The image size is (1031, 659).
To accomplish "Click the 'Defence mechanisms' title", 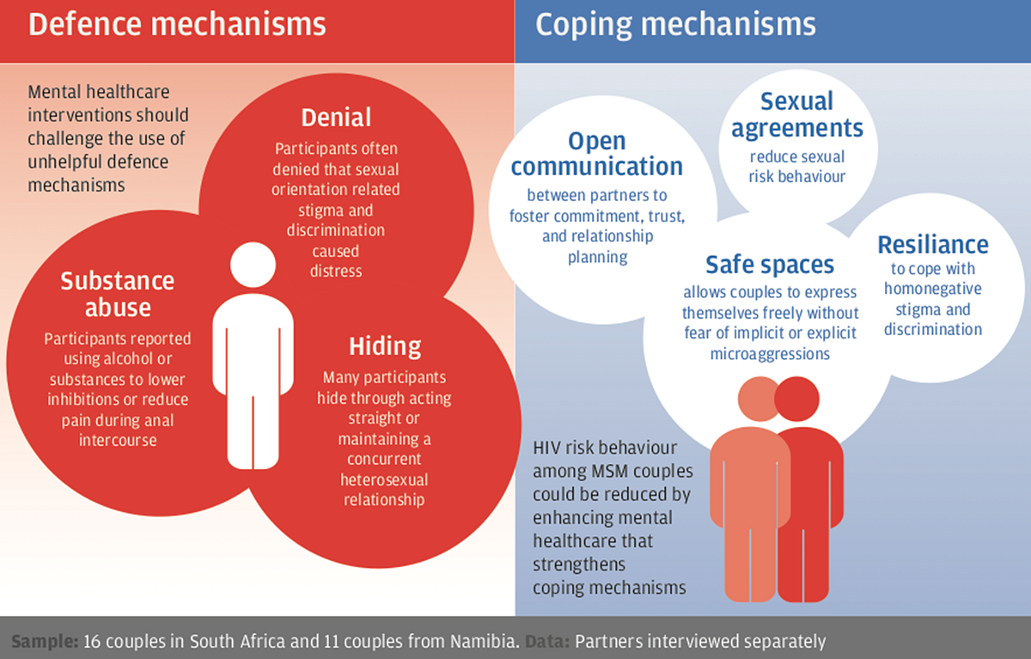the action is coord(177,24).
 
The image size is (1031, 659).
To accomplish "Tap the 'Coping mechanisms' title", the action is coord(675,26).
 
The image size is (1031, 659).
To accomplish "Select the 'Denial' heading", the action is coord(336,118).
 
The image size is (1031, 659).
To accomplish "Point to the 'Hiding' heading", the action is coord(385,346).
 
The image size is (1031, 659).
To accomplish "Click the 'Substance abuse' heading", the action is coord(118,294).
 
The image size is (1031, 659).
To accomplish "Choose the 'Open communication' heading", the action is coord(597,153).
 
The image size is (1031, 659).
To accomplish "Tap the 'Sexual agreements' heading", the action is coord(797,115).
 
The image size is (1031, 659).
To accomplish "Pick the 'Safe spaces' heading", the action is coord(770,265).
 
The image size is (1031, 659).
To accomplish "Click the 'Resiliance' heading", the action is coord(933,244).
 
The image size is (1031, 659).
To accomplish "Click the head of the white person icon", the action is coord(253,265).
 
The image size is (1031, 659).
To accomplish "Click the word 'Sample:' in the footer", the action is coord(45,641).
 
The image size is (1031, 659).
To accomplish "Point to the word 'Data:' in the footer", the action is coord(547,641).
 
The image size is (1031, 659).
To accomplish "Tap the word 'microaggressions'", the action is coord(770,354).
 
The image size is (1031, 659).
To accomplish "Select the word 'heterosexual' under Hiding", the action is coord(384,479).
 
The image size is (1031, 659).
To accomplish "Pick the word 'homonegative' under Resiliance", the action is coord(932,289).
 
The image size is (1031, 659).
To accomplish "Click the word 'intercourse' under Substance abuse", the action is coord(118,441).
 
